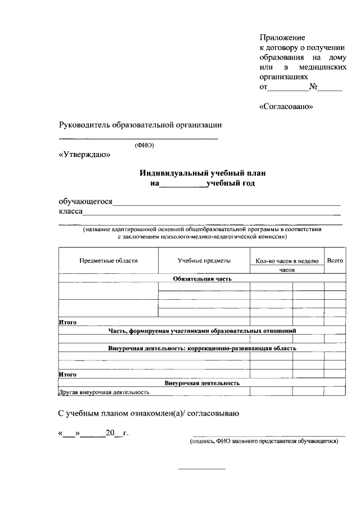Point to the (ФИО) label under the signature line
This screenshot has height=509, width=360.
coord(144,145)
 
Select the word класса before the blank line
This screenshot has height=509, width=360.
coord(71,211)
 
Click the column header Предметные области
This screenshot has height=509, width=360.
coord(109,260)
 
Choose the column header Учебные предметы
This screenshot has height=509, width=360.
coord(204,260)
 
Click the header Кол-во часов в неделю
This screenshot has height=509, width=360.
coord(287,261)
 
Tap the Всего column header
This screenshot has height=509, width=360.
coord(335,260)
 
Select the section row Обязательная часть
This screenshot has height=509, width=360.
coord(202,278)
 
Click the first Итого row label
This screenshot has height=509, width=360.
coord(67,322)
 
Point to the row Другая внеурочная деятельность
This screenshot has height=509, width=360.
coord(104,392)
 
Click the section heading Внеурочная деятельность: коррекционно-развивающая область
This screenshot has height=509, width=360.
coord(202,348)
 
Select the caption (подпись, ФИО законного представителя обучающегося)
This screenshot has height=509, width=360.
coord(263,442)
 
